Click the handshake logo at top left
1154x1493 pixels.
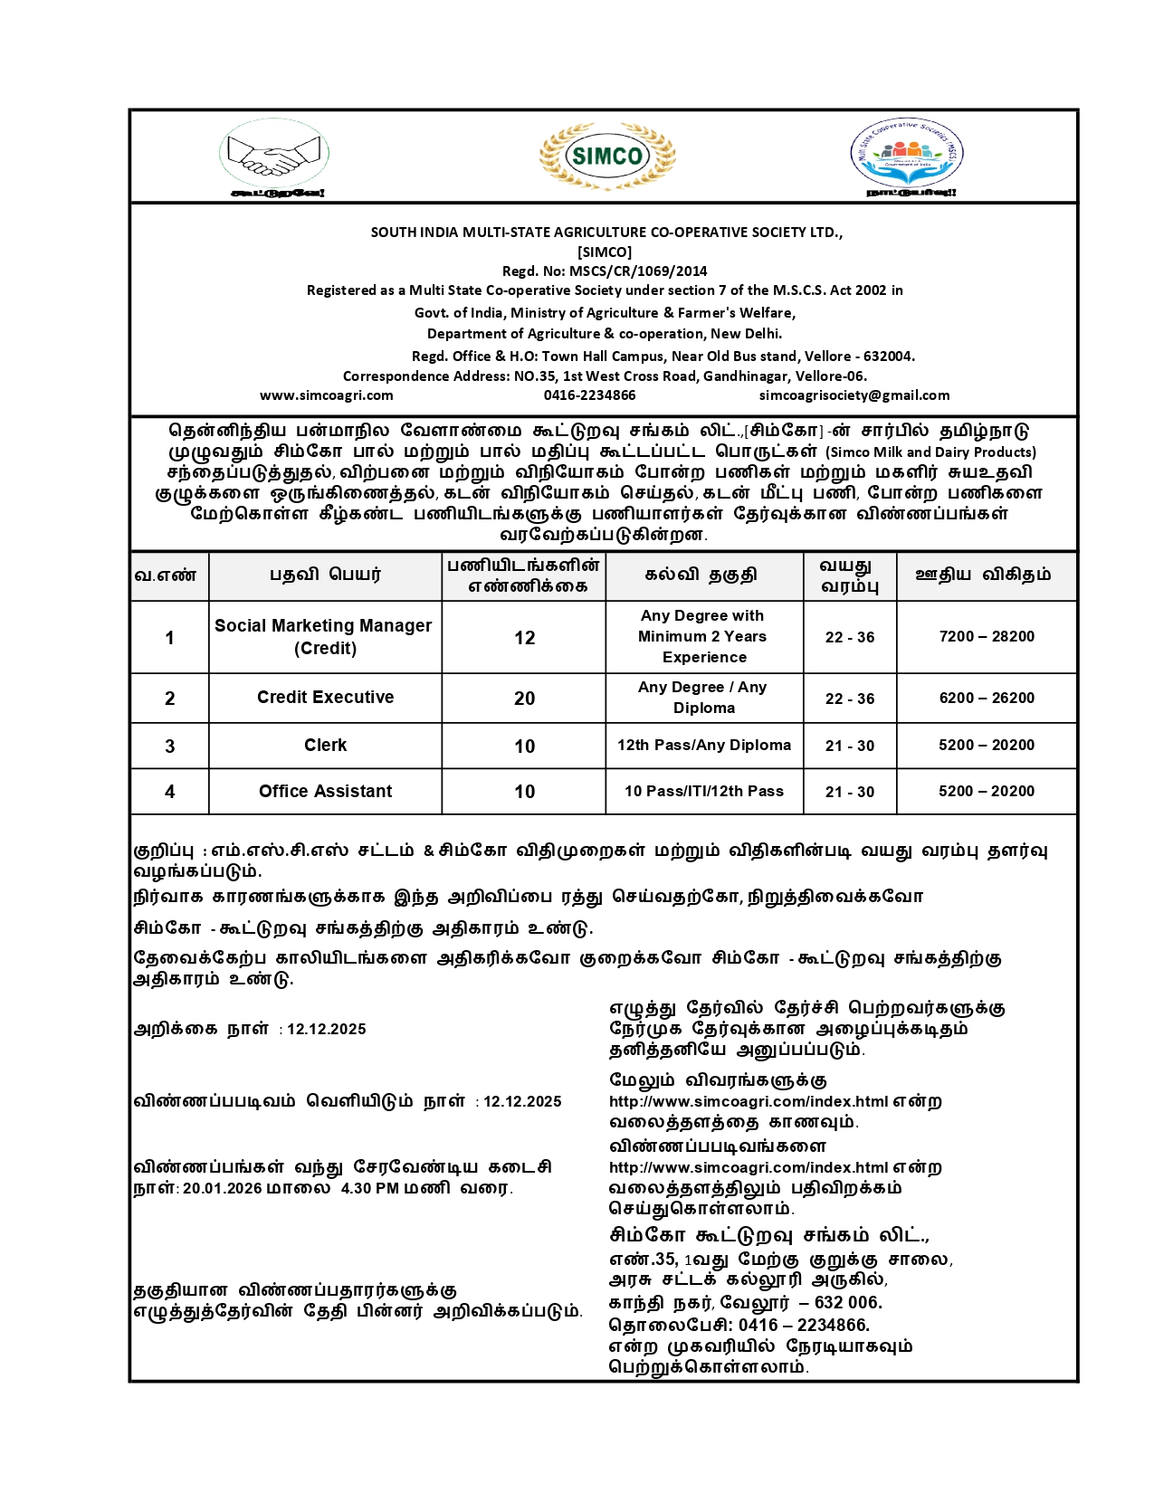tap(273, 155)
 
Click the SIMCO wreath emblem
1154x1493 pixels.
tap(607, 156)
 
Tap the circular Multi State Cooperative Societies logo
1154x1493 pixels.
tap(908, 156)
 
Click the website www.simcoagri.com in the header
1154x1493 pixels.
tap(326, 395)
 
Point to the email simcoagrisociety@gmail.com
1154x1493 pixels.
tap(854, 395)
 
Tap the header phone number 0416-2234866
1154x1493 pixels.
tap(589, 395)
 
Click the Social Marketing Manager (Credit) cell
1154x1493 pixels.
tap(324, 637)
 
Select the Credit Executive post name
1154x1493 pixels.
tap(325, 698)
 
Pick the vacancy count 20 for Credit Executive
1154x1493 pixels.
tap(524, 699)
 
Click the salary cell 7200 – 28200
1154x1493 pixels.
tap(986, 637)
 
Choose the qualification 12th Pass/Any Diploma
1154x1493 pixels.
tap(703, 746)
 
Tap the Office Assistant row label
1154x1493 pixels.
tap(325, 792)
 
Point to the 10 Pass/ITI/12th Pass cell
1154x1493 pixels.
tap(703, 792)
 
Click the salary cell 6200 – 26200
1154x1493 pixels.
tap(986, 699)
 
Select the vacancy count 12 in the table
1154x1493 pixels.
tap(524, 638)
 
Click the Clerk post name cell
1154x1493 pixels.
tap(325, 746)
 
